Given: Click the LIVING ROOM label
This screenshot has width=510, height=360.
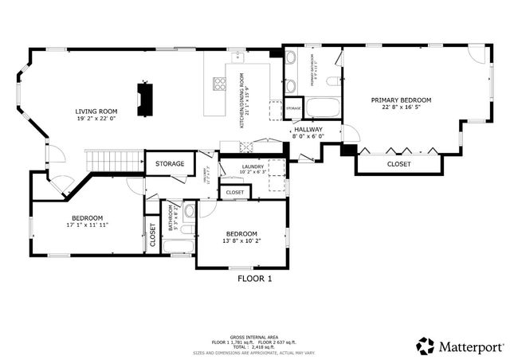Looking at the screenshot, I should [96, 112].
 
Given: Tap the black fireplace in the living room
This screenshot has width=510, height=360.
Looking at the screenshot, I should [145, 99].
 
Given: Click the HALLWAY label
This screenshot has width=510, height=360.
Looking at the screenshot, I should [308, 129].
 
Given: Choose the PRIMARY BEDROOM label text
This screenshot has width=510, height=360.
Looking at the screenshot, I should [401, 100].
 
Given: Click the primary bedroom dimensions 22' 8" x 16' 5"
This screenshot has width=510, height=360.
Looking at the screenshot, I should [401, 109].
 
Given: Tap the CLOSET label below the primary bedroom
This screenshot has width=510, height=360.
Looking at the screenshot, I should [399, 164].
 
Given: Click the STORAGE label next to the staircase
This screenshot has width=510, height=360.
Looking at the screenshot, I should [170, 164].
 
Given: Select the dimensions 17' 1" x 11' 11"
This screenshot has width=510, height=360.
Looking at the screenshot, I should [88, 225].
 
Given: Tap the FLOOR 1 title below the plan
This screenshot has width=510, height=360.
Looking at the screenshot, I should [255, 279].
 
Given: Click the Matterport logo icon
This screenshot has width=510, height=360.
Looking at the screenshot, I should [426, 346].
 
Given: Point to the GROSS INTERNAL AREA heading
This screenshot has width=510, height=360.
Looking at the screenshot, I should [255, 337].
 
